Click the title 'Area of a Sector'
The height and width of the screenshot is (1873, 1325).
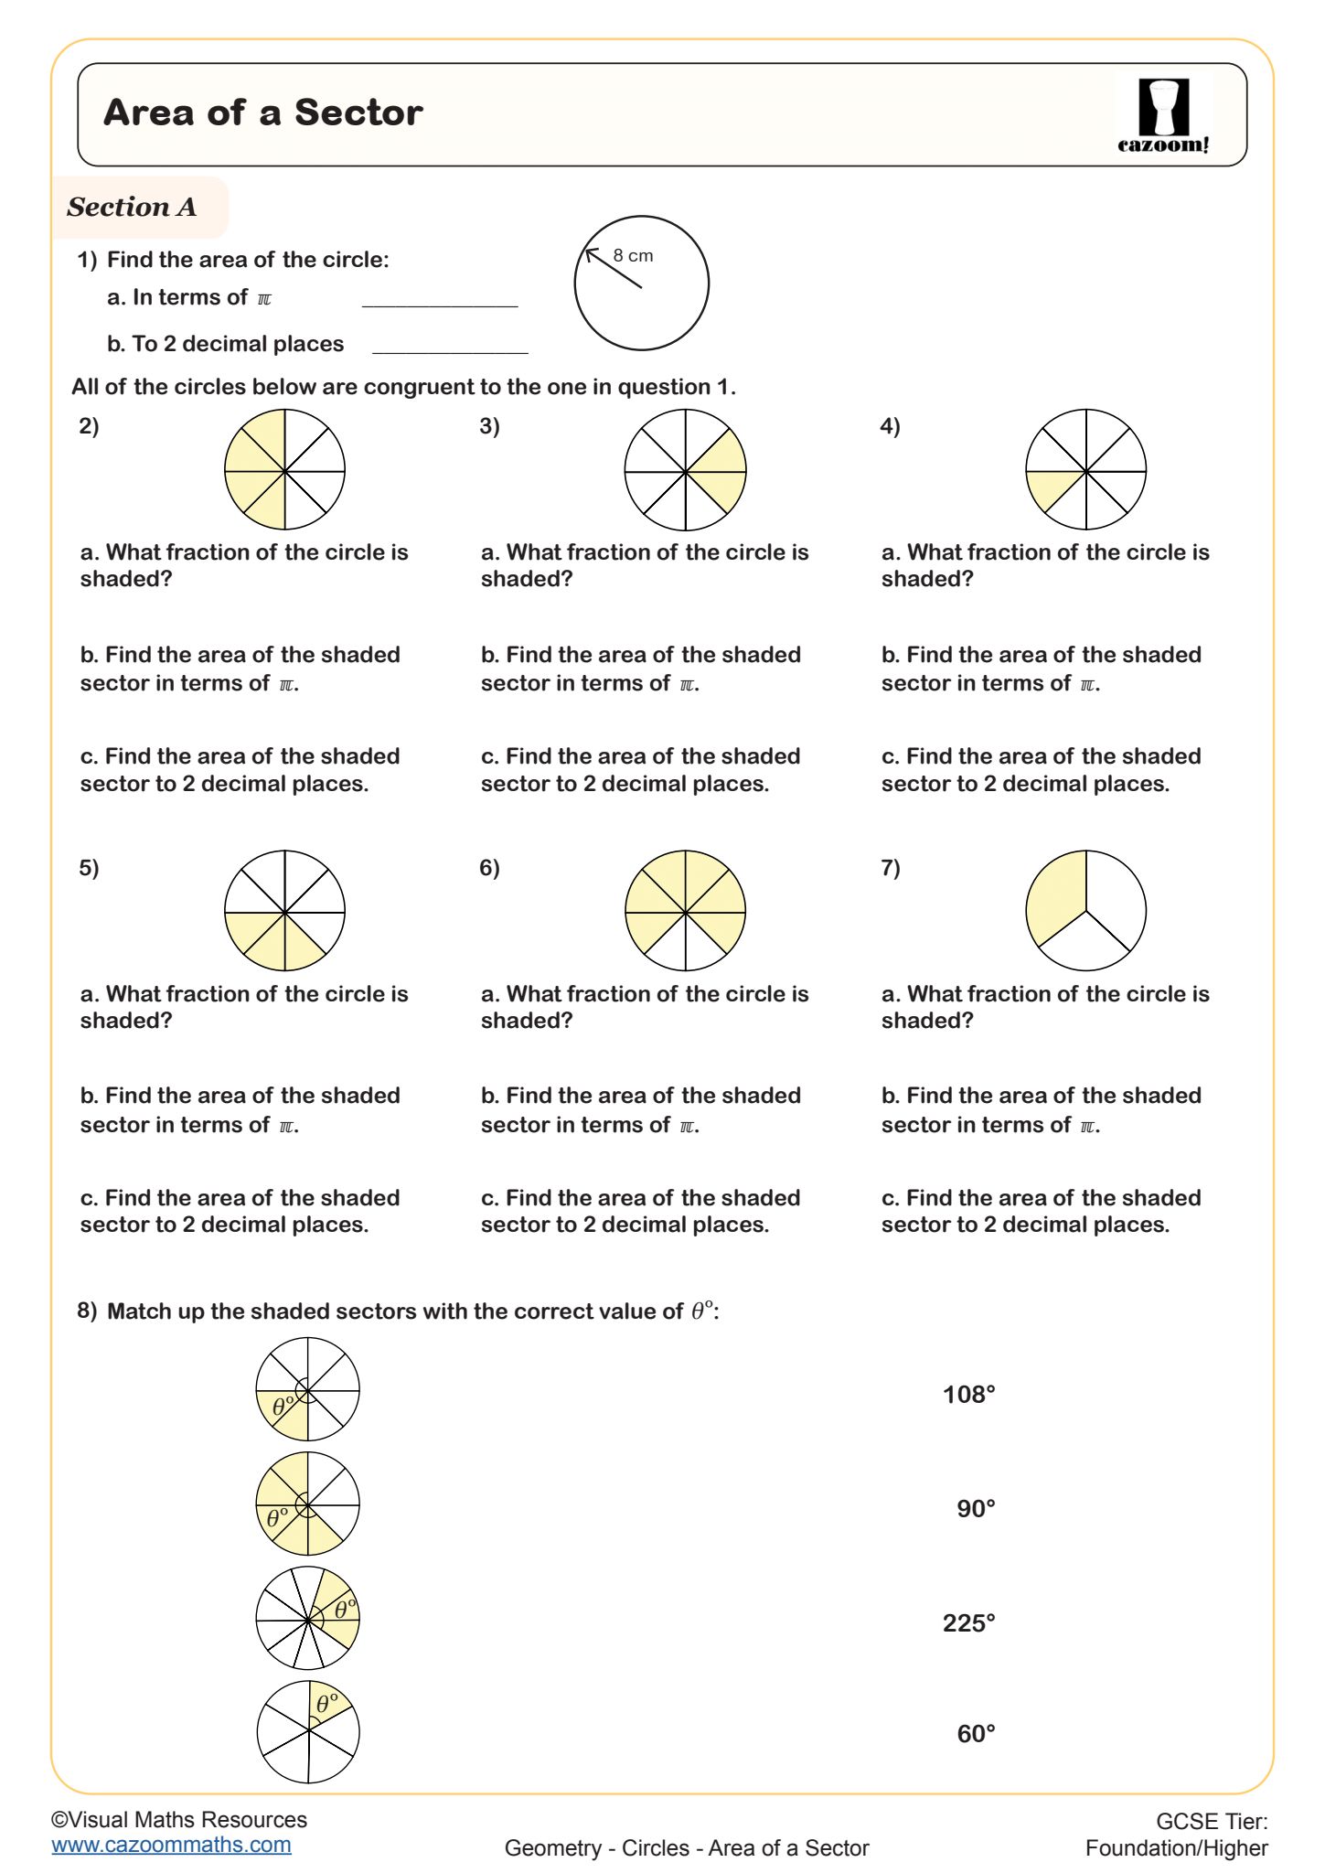point(263,113)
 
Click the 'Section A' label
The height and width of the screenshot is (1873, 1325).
point(132,208)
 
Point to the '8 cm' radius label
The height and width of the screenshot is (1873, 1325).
point(633,256)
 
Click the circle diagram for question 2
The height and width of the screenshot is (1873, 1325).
point(284,470)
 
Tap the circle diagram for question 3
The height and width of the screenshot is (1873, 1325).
point(685,470)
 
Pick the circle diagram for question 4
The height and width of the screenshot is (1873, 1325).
point(1085,470)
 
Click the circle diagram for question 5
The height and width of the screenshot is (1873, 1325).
point(284,911)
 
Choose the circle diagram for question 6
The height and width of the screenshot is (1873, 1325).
point(685,911)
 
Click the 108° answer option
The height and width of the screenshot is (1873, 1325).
point(968,1395)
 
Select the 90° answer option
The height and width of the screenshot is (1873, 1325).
point(976,1509)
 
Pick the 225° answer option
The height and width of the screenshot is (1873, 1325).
point(968,1623)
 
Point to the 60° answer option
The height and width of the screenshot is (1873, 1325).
point(976,1734)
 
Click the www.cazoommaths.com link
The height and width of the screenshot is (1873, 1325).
point(171,1845)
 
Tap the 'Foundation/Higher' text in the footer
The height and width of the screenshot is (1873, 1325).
point(1176,1848)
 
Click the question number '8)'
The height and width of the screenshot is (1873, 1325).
point(87,1311)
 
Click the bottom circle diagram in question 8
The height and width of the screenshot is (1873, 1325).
point(308,1732)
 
